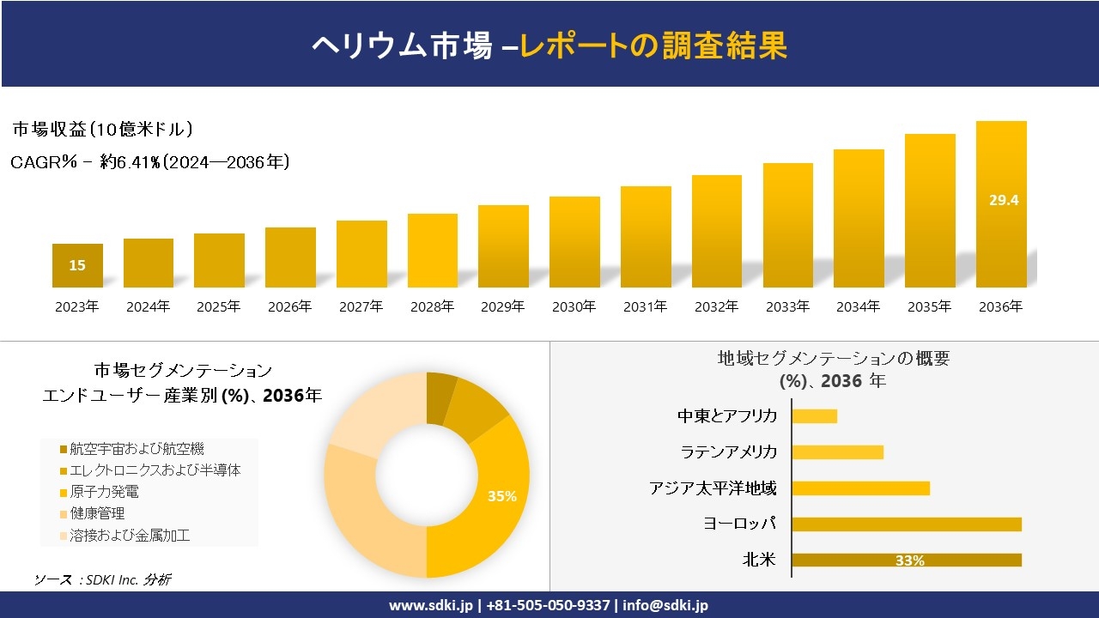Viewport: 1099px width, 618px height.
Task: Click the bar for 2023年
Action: [77, 265]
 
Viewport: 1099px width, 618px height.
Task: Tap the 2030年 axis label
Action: [574, 306]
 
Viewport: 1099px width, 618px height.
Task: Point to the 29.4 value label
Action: [1003, 200]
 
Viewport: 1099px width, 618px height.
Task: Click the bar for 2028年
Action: [432, 251]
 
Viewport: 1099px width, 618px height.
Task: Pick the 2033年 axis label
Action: [786, 306]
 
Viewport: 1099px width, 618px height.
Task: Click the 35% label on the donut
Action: [501, 496]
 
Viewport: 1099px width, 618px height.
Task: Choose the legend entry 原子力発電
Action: [105, 492]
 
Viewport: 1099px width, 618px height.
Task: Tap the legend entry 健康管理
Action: [98, 513]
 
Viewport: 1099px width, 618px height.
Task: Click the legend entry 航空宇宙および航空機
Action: [137, 449]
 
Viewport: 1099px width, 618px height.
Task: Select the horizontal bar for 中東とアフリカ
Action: [814, 416]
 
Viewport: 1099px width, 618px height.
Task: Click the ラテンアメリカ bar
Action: [837, 452]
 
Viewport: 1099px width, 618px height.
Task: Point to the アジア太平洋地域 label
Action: [713, 488]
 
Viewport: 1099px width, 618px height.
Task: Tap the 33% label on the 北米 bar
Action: [909, 560]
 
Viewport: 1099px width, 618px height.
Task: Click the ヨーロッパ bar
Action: [906, 524]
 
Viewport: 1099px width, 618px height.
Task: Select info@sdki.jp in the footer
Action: [666, 605]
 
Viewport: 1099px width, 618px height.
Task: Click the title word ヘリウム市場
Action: [401, 46]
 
